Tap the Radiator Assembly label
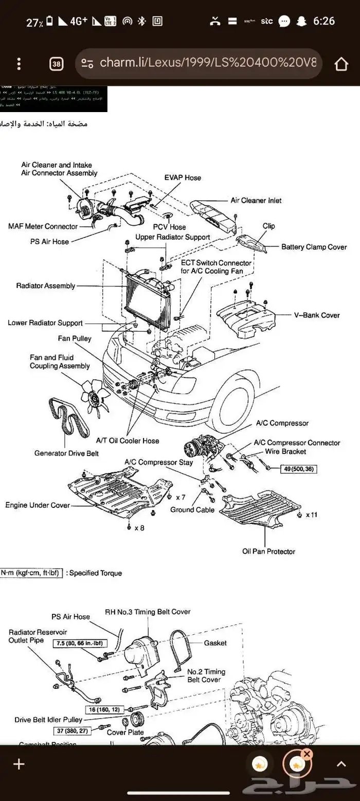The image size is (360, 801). coord(45,286)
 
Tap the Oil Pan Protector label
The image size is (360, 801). coord(268,552)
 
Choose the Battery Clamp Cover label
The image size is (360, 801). coord(314,247)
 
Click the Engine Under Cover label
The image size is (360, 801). coord(38,505)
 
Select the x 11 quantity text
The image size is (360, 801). coord(312,515)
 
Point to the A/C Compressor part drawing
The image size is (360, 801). coord(202,446)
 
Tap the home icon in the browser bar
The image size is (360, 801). coord(341,64)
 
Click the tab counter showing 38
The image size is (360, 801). coord(57,64)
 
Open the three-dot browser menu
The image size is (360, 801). coord(19,64)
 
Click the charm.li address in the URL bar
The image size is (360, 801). coord(206,63)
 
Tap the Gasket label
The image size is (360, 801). coord(215,643)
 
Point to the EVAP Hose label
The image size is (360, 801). coord(183,178)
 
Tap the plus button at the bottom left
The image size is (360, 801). coord(19,764)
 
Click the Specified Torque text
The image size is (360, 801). coord(95,573)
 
